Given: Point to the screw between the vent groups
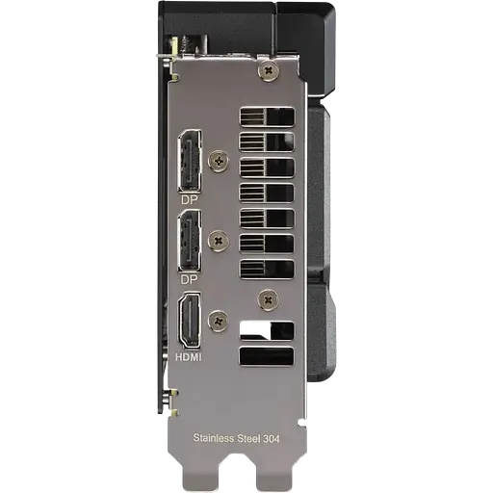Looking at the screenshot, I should (x=268, y=298).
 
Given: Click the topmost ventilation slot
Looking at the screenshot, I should (x=266, y=117).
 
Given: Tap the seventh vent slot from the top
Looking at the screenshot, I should (x=266, y=268).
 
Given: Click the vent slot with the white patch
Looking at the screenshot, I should (x=266, y=329).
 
